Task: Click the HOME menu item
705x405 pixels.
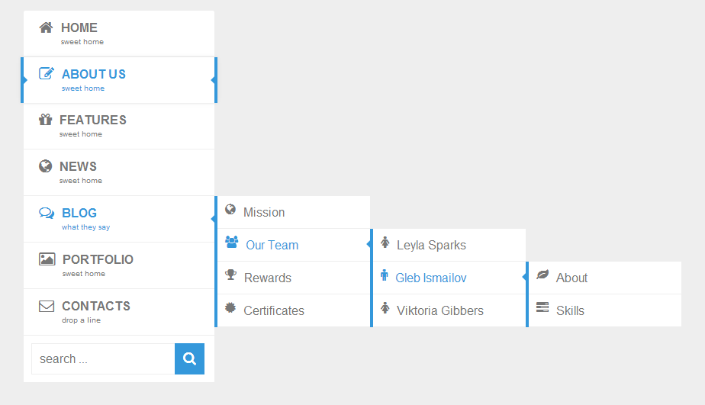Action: point(79,28)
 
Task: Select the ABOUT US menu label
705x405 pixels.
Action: point(94,75)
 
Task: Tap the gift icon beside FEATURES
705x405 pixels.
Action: point(46,119)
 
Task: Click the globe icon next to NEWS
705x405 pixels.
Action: point(46,166)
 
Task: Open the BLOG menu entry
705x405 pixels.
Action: point(79,214)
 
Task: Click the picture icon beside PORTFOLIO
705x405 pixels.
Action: point(47,259)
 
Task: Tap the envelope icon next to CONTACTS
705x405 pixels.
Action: point(47,306)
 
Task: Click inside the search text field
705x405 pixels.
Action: point(103,359)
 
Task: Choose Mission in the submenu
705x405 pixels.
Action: point(264,213)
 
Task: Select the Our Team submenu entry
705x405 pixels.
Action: point(272,246)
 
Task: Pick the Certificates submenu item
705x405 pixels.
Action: point(274,311)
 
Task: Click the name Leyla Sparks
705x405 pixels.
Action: point(431,246)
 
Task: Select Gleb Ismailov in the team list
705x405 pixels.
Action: point(431,278)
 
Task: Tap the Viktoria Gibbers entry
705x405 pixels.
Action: point(440,311)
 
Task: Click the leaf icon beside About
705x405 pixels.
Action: point(542,275)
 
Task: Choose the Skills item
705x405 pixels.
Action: point(570,311)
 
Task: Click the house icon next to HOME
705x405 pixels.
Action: point(46,27)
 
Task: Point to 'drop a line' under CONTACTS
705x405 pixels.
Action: point(81,320)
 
